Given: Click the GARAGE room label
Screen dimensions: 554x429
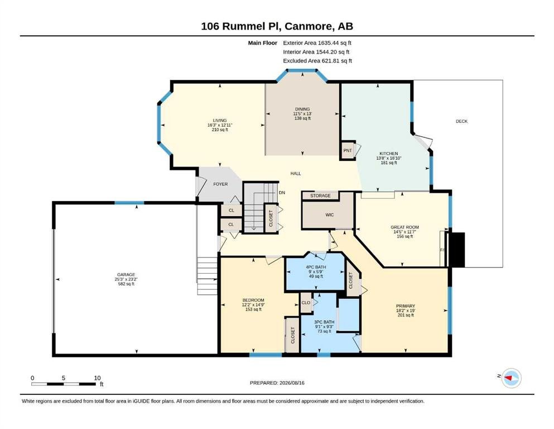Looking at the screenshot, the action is [x=126, y=274].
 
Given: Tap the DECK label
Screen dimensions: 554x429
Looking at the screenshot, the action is [x=461, y=121].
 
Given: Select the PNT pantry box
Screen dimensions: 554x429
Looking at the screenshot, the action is [x=348, y=150].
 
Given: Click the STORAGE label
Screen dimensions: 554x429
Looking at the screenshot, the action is [x=320, y=196].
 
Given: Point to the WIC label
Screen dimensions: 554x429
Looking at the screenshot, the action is [x=330, y=214].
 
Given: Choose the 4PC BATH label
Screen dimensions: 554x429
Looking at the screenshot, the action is [x=316, y=267].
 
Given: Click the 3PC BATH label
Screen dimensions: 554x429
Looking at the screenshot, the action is [x=324, y=322].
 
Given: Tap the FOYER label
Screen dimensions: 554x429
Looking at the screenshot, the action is [x=220, y=184].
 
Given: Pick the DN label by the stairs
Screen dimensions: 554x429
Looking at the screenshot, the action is [x=282, y=193].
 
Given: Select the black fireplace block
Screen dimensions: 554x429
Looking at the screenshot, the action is [x=456, y=250].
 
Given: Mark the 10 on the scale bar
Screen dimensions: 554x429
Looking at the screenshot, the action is [x=97, y=378].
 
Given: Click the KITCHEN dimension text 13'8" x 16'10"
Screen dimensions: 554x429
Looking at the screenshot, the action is [x=389, y=158].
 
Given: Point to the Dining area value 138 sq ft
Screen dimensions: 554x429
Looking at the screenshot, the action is [x=302, y=118].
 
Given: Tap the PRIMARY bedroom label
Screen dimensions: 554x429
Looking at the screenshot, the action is [x=405, y=306].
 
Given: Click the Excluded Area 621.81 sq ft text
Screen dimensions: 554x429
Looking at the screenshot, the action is [x=317, y=61].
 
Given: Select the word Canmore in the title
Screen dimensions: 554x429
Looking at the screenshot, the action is [x=308, y=26].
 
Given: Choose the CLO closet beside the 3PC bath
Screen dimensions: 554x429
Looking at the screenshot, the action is [x=306, y=303].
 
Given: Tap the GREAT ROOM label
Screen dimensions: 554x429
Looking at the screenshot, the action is [x=404, y=227].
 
